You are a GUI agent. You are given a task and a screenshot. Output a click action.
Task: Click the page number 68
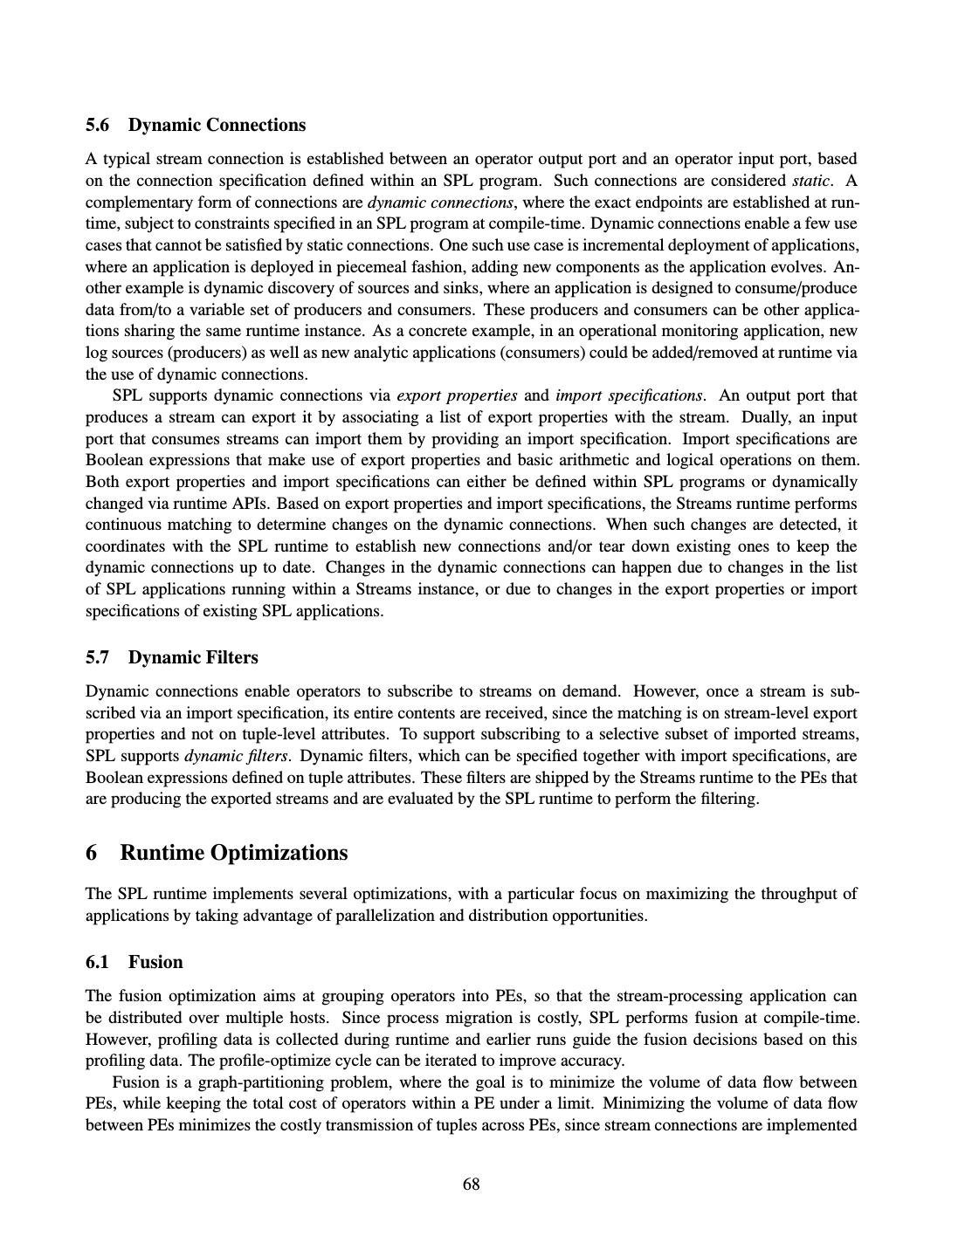point(471,1184)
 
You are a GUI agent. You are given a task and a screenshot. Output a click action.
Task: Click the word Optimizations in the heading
point(279,853)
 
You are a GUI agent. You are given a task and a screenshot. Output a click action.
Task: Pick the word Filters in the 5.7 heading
point(231,657)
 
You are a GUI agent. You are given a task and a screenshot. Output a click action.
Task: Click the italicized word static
point(810,181)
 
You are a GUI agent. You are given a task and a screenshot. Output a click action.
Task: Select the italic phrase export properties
point(457,395)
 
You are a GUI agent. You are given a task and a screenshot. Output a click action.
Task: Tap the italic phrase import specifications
point(628,395)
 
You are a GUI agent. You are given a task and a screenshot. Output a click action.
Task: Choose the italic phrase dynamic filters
point(236,756)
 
